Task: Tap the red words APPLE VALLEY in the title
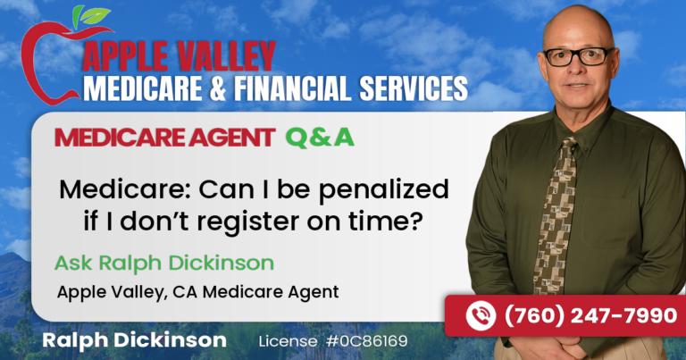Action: [179, 56]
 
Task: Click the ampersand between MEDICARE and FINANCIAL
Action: [218, 88]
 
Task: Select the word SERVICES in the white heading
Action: [413, 88]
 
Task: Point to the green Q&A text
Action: [320, 138]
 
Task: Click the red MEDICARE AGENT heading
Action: [165, 138]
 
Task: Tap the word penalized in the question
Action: [383, 190]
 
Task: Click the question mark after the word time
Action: [417, 221]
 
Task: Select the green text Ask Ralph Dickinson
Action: [164, 264]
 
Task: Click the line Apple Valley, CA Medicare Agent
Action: [197, 292]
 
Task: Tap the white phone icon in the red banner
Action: [481, 316]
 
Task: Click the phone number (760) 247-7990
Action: [591, 316]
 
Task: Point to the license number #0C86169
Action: [366, 340]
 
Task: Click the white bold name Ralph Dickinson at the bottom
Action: [134, 340]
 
